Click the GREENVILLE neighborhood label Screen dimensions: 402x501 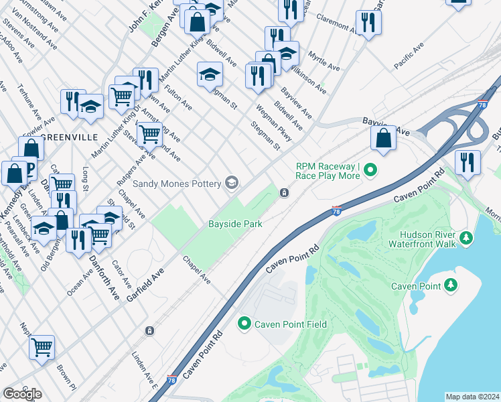pyautogui.click(x=64, y=137)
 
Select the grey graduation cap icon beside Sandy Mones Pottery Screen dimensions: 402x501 pyautogui.click(x=232, y=182)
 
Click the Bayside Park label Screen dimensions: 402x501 pyautogui.click(x=234, y=224)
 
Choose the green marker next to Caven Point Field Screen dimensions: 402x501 pyautogui.click(x=244, y=324)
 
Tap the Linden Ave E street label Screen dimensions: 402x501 pyautogui.click(x=144, y=366)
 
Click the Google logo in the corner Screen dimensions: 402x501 pyautogui.click(x=22, y=394)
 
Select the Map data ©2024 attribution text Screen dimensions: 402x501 pyautogui.click(x=472, y=397)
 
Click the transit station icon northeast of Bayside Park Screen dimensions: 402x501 pyautogui.click(x=285, y=194)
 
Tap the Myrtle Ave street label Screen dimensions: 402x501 pyautogui.click(x=324, y=62)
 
